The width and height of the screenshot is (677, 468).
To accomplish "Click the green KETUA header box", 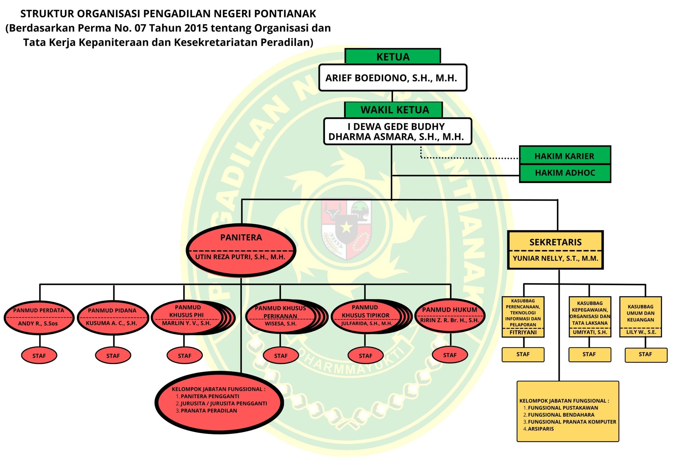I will pyautogui.click(x=393, y=57).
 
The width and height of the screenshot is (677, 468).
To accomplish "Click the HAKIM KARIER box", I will pyautogui.click(x=564, y=156).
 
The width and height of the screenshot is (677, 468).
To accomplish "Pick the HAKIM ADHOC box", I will pyautogui.click(x=565, y=173).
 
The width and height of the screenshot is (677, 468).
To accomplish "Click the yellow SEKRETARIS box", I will pyautogui.click(x=555, y=250).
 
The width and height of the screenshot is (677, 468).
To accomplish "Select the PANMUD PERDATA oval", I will pyautogui.click(x=39, y=317).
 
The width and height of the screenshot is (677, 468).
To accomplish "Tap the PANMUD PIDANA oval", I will pyautogui.click(x=112, y=317).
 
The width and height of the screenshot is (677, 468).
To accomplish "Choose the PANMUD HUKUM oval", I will pyautogui.click(x=450, y=315).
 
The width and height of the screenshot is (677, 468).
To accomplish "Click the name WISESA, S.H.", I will pyautogui.click(x=281, y=324).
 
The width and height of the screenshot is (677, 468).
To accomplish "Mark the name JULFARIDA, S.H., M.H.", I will pyautogui.click(x=367, y=323).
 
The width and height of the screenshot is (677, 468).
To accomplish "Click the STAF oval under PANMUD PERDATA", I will pyautogui.click(x=39, y=356).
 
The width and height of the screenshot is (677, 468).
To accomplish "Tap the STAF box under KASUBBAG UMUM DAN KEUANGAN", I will pyautogui.click(x=645, y=354).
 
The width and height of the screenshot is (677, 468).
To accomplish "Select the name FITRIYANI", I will pyautogui.click(x=523, y=332).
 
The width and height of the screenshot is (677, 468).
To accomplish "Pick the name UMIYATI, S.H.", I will pyautogui.click(x=590, y=332).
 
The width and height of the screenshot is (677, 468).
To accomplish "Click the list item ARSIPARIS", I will pyautogui.click(x=541, y=429).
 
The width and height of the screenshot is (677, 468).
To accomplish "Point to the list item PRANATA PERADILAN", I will pyautogui.click(x=209, y=411).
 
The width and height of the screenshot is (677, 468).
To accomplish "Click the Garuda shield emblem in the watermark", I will pyautogui.click(x=346, y=228).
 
